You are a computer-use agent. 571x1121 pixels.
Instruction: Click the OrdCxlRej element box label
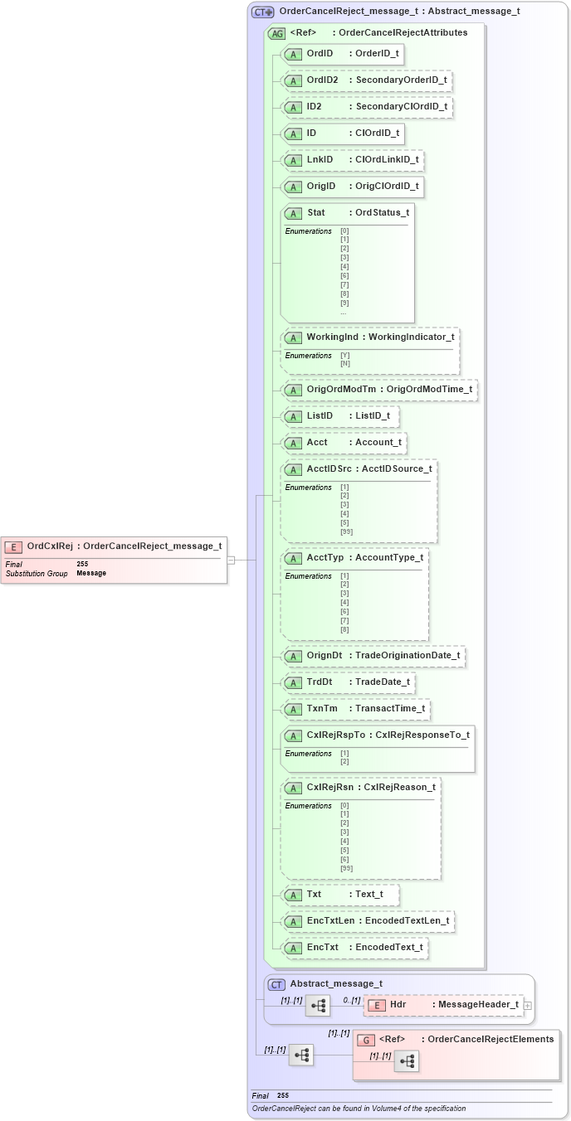pos(50,546)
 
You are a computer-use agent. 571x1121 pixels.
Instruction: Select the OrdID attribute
pos(320,54)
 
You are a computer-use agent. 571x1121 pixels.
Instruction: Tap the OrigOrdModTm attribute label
pos(341,390)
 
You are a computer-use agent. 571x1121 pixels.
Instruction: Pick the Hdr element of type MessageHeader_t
pos(398,1005)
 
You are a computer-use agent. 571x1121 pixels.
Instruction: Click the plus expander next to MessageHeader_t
pos(527,1006)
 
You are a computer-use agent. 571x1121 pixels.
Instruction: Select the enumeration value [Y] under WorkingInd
pos(344,355)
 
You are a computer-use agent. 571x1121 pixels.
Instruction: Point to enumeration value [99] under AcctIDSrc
pos(346,531)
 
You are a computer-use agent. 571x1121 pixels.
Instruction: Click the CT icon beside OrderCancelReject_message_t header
pos(263,12)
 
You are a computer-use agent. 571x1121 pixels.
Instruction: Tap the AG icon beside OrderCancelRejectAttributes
pos(277,33)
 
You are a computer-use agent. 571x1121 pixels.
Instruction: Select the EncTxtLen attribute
pos(330,920)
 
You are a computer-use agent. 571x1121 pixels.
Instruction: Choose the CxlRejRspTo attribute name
pos(336,735)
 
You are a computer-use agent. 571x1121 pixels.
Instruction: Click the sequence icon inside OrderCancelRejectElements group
pos(406,1061)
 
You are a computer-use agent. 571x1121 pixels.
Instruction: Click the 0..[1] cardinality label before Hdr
pos(351,1000)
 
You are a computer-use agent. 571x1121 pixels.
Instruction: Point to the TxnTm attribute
pos(322,709)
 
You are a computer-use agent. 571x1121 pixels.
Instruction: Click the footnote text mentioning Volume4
pos(359,1109)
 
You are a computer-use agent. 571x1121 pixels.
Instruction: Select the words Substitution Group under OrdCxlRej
pos(36,573)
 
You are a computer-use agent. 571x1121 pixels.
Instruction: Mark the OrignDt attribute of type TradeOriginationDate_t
pos(324,656)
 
